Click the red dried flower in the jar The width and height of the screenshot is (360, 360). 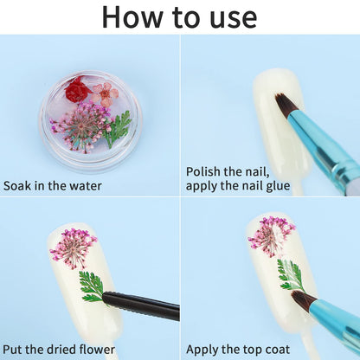tap(76, 89)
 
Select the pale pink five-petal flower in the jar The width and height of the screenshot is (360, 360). tap(106, 94)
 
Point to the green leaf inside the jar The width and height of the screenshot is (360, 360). tap(118, 129)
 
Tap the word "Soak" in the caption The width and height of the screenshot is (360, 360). tap(17, 186)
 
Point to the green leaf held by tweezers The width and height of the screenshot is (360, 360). tap(92, 286)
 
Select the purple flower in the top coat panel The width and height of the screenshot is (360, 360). tap(271, 236)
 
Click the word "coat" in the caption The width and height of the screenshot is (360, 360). tap(277, 350)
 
